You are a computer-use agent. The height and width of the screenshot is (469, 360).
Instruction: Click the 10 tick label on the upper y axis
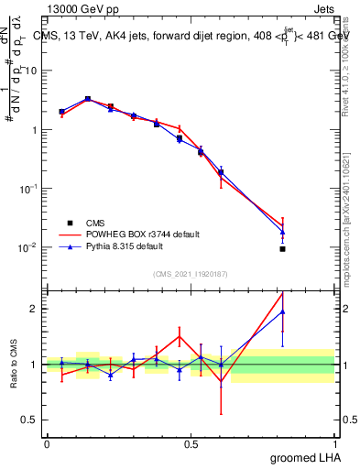click(32, 71)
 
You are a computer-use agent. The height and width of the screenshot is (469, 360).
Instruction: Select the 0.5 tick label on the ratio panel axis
click(31, 420)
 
